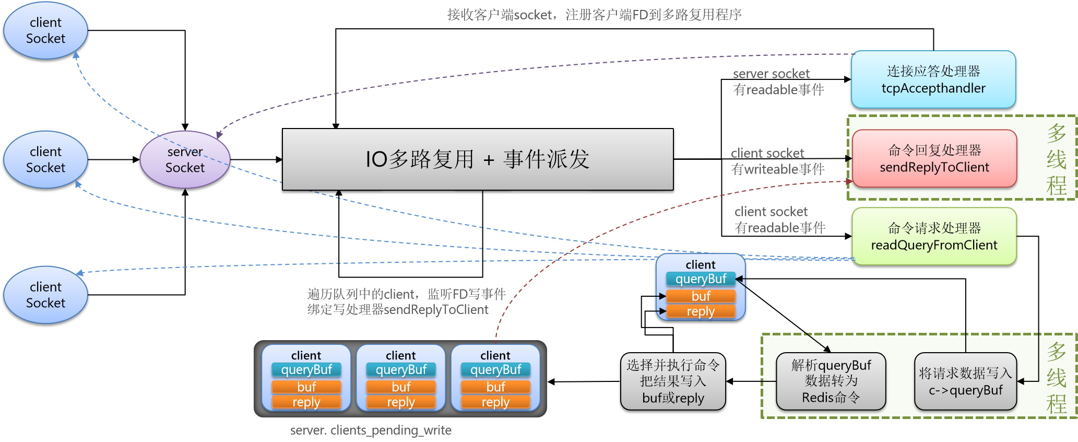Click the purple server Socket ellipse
click(185, 160)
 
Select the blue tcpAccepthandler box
click(933, 79)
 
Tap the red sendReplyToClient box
click(934, 159)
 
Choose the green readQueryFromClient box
click(934, 236)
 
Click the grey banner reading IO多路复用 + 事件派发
click(477, 159)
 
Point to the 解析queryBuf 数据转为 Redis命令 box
click(831, 381)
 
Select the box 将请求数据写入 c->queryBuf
click(965, 382)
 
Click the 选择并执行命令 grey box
click(673, 381)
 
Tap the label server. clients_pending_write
click(371, 430)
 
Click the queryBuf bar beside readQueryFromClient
click(701, 279)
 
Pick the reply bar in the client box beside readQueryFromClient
click(701, 311)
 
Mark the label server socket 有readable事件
click(778, 82)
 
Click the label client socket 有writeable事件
click(777, 161)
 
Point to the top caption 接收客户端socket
click(594, 15)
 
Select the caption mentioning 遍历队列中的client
click(406, 302)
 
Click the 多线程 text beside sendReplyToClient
click(1056, 159)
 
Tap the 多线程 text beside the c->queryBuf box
click(1056, 378)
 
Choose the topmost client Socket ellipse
click(46, 30)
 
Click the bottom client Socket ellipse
click(46, 295)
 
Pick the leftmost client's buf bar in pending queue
click(306, 387)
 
